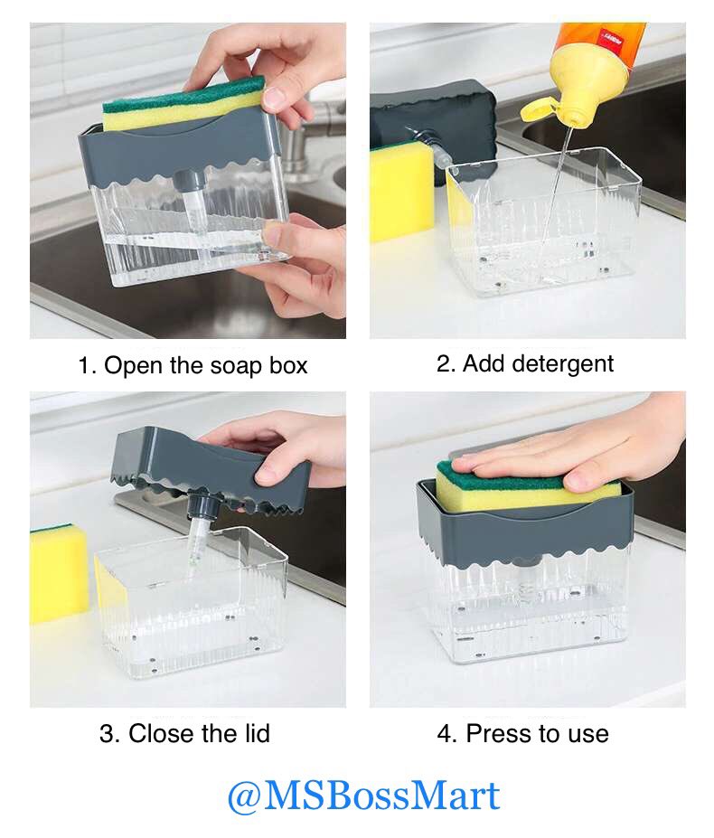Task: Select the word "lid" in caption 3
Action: coord(258,733)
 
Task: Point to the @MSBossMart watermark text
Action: coord(363,796)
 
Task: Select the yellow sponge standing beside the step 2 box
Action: coord(400,193)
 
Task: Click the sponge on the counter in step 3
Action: coord(58,573)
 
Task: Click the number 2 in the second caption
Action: coord(444,363)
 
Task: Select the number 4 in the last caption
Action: coord(444,734)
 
